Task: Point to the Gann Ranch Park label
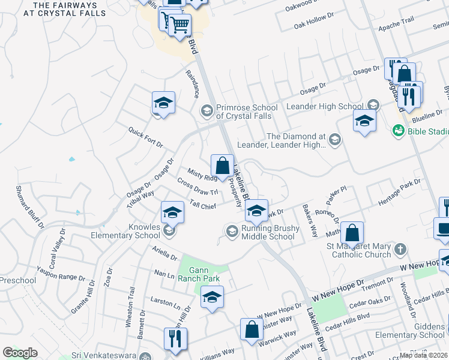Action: coord(203,274)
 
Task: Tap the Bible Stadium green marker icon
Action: coord(397,130)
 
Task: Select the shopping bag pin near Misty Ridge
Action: coord(222,165)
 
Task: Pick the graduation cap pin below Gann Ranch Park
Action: coord(212,296)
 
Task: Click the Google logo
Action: coord(20,353)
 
